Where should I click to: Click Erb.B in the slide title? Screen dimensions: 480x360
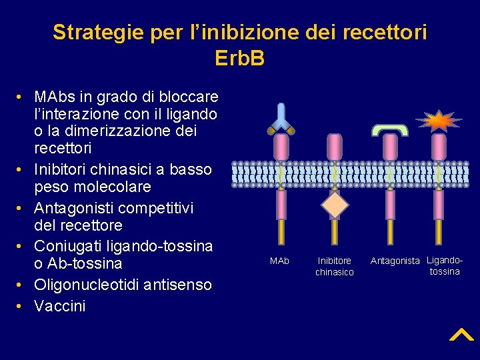(240, 59)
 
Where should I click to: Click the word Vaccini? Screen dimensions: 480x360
(60, 306)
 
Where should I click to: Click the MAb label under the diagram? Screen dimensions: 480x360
(280, 260)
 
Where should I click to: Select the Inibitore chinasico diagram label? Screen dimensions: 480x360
(335, 266)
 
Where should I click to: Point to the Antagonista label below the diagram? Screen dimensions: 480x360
(395, 261)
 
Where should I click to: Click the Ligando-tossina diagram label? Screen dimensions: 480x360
(445, 265)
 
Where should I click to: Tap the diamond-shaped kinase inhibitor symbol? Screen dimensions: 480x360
(335, 205)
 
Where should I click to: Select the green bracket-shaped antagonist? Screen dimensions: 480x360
(390, 129)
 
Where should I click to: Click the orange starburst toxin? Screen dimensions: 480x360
(439, 121)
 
